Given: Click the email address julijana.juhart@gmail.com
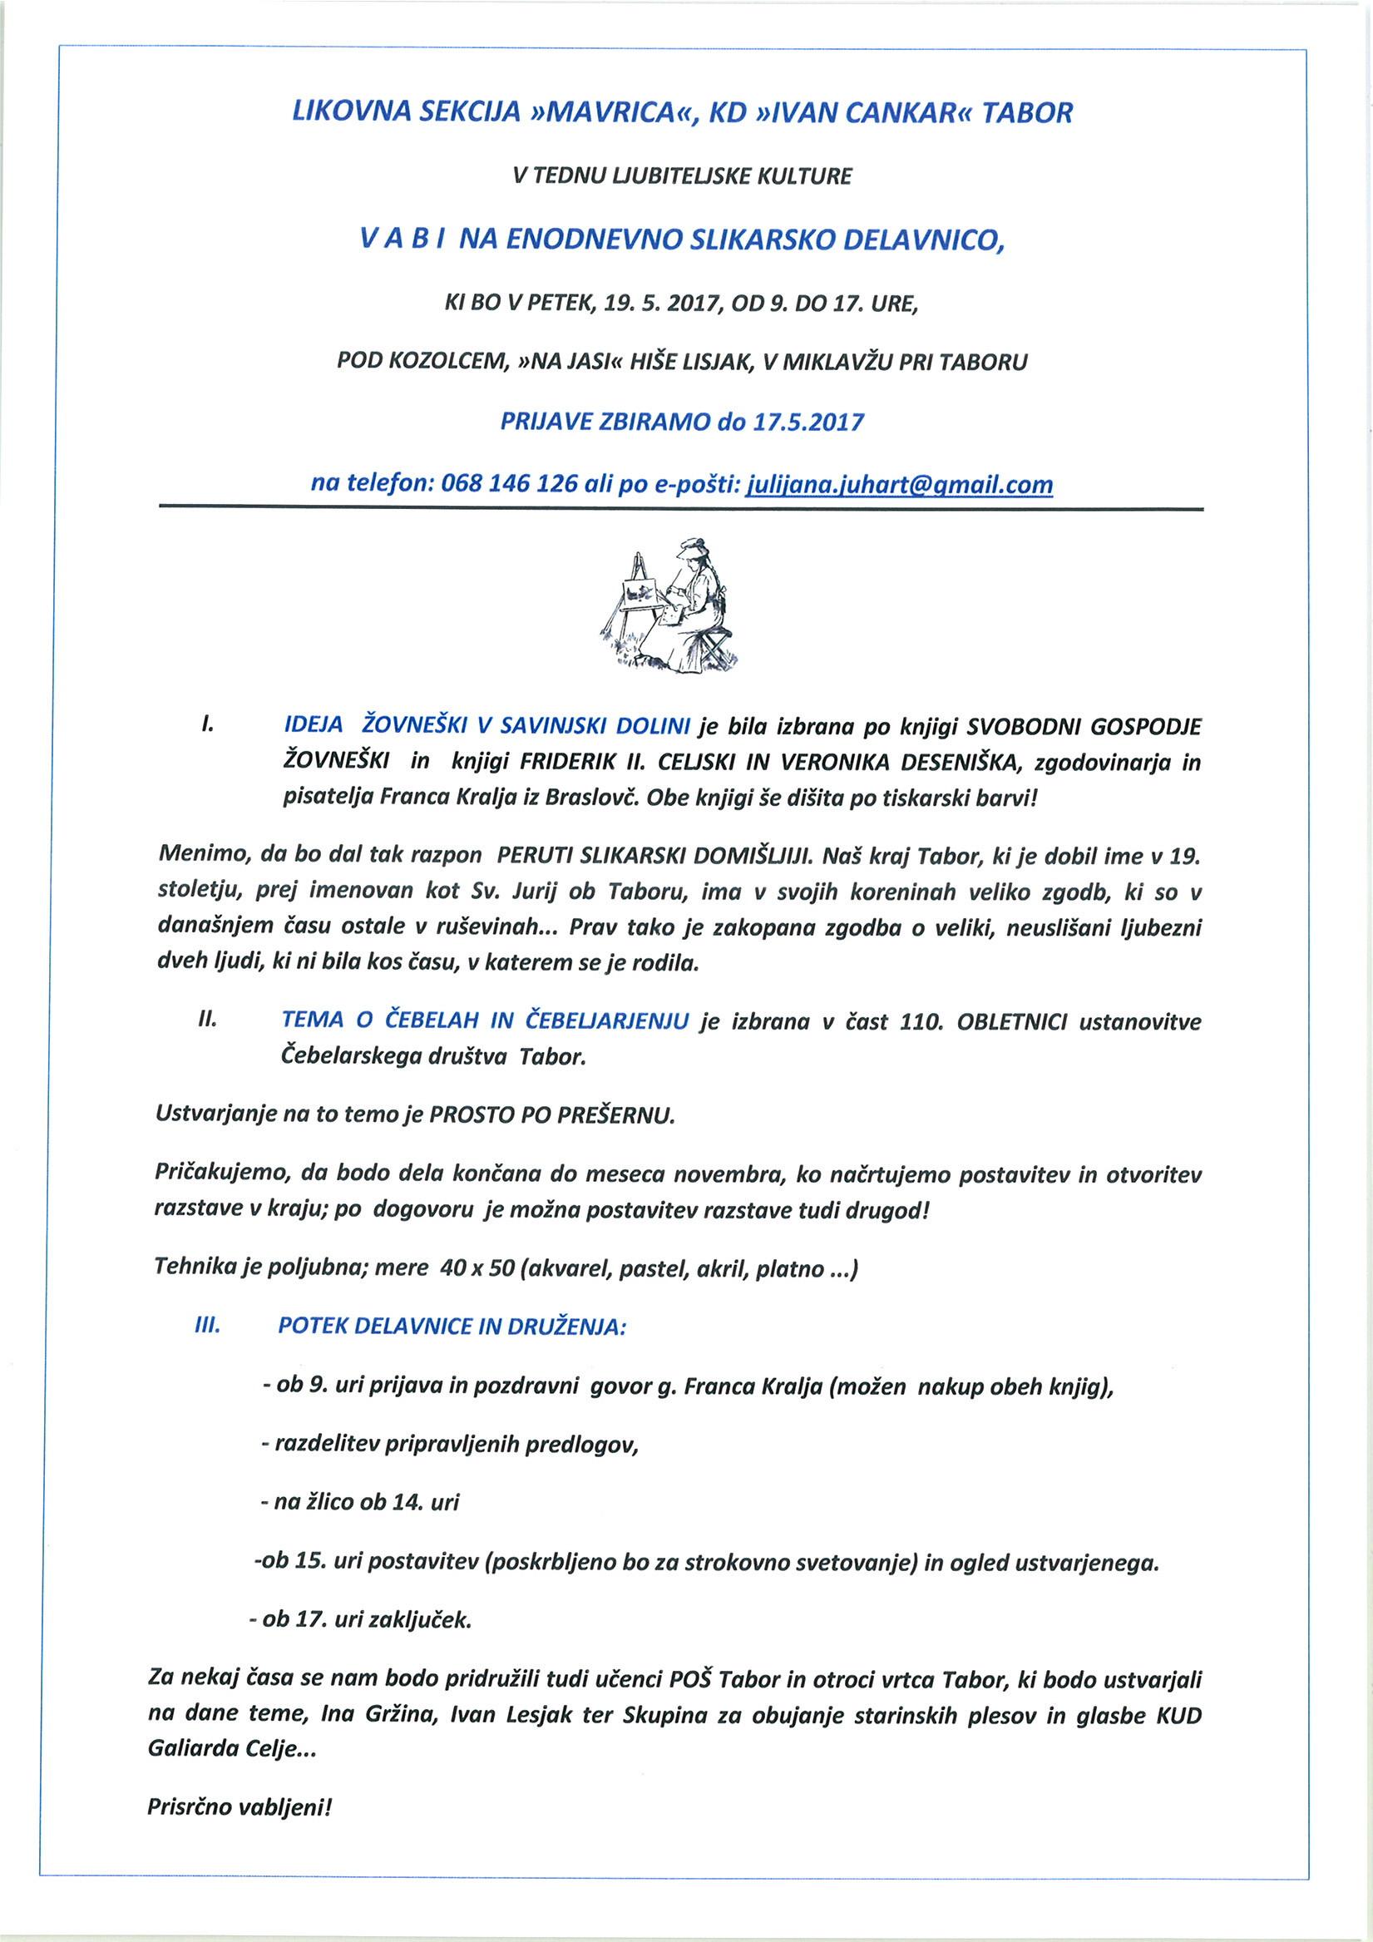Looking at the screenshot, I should pyautogui.click(x=898, y=486).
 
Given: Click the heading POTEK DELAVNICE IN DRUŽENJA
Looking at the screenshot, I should pyautogui.click(x=452, y=1327).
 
